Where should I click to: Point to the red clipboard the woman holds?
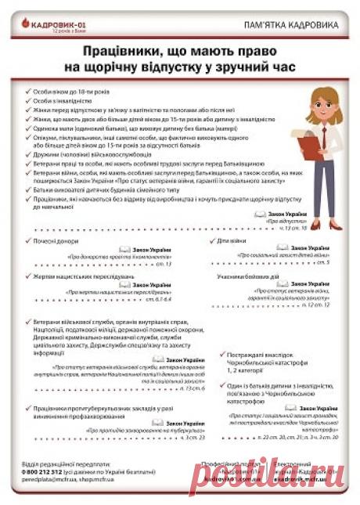click(323, 142)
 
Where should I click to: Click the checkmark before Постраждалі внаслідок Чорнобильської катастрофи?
click(224, 354)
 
